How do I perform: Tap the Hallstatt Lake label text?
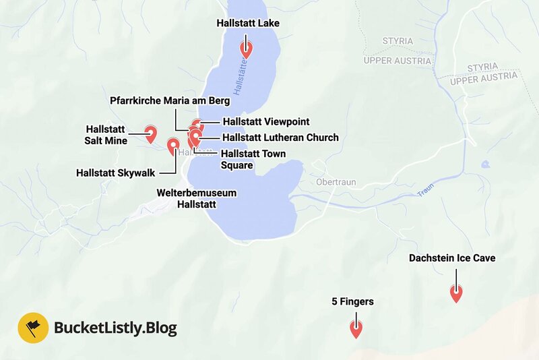(x=248, y=23)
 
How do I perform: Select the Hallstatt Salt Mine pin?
(x=151, y=133)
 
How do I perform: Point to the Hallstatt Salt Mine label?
(x=106, y=134)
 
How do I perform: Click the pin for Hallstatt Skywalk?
(x=172, y=144)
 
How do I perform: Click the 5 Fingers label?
(x=352, y=301)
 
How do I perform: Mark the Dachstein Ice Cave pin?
(x=456, y=293)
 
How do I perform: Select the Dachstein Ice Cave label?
(x=456, y=258)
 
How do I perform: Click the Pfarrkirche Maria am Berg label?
(x=170, y=100)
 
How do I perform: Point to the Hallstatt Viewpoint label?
(x=265, y=122)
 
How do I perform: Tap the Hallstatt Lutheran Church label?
(x=280, y=138)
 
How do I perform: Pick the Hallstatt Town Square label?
(x=253, y=159)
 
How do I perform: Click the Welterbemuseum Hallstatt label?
(x=196, y=198)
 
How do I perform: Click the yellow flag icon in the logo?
(x=32, y=328)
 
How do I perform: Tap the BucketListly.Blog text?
(x=115, y=328)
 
